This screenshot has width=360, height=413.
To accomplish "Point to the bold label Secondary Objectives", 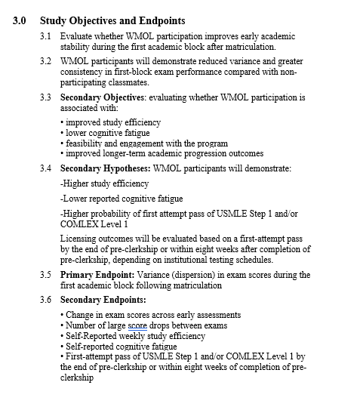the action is [x=105, y=97].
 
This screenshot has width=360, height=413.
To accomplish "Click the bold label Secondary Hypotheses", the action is [x=105, y=168].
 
